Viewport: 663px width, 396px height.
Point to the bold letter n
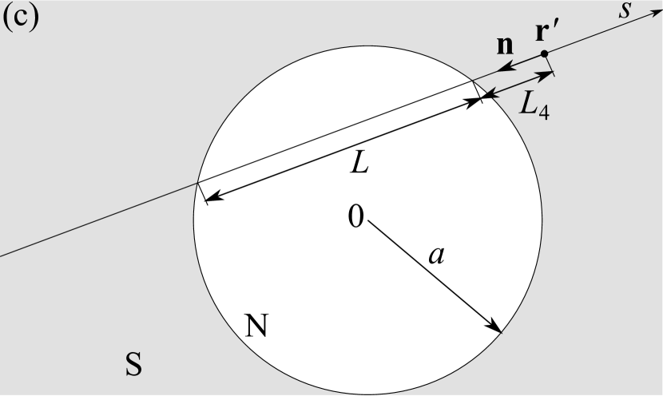coord(505,46)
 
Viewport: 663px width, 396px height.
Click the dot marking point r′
coord(544,54)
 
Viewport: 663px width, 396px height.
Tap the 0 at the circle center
coord(355,216)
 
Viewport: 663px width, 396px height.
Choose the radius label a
coord(435,255)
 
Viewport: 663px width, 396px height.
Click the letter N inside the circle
coord(256,325)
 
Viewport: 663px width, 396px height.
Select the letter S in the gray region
coord(133,364)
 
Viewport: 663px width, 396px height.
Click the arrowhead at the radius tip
coord(497,328)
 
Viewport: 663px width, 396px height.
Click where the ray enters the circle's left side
coord(197,184)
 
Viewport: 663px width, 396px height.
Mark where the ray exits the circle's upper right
coord(473,81)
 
